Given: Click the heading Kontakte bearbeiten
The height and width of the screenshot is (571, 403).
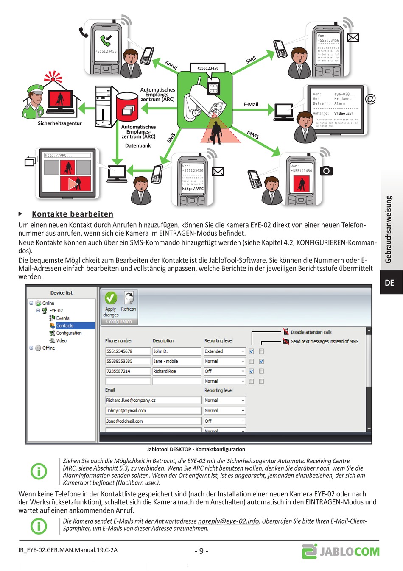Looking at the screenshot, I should point(73,214).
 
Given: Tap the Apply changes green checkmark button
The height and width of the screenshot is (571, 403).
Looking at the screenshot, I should point(111,298).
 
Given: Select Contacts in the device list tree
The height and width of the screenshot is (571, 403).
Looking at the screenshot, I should point(65,326).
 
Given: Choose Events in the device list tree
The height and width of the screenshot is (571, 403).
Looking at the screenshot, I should point(62,318).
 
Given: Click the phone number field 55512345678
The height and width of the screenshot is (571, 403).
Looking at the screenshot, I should point(128,351).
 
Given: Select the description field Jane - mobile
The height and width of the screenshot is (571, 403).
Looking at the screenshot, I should point(176,362).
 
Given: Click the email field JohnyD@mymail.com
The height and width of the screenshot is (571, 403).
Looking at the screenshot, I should point(153,411).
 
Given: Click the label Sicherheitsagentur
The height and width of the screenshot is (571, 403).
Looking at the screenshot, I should point(60,123).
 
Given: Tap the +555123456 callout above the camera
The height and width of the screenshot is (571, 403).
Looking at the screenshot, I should point(208,68).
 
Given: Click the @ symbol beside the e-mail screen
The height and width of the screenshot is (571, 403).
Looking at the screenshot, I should point(370,99).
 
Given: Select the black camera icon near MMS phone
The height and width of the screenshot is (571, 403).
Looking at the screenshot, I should point(326,171).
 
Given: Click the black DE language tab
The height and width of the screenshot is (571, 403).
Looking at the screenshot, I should point(389,283).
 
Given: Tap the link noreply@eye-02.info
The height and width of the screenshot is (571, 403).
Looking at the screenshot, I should point(228,521).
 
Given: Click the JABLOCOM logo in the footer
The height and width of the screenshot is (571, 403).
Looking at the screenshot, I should point(341,551).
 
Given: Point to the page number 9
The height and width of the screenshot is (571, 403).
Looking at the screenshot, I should point(201,551).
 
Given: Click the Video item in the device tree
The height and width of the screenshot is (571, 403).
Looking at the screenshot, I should point(61,340).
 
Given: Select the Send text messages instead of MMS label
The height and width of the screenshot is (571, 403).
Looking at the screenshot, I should point(324,341).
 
